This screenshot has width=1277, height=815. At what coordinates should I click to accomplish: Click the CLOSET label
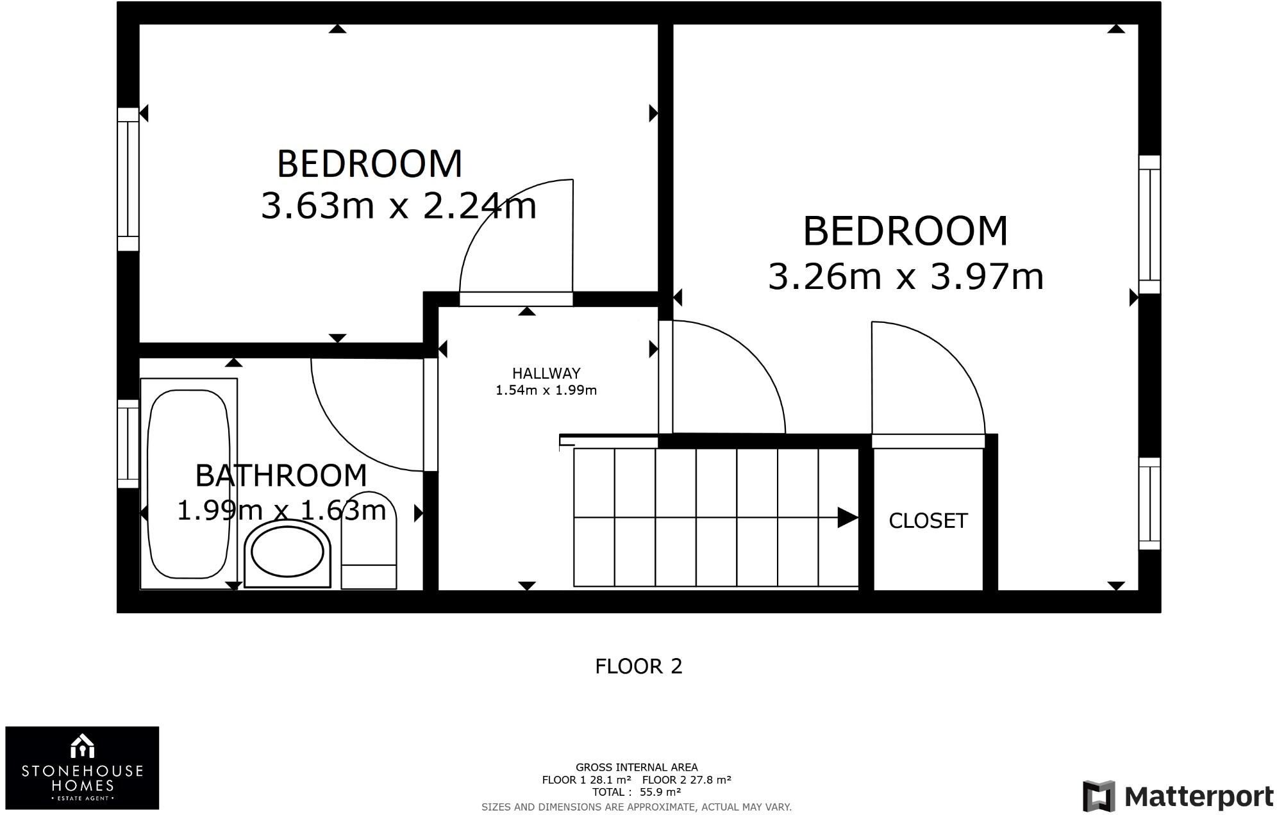[x=928, y=521]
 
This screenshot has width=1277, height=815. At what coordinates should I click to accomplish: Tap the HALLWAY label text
[x=546, y=374]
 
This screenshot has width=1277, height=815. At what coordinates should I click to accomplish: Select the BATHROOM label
[x=281, y=475]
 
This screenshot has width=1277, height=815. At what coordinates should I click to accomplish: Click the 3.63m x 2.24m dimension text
[x=398, y=206]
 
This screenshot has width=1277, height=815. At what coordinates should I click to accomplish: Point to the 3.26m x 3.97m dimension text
[x=905, y=277]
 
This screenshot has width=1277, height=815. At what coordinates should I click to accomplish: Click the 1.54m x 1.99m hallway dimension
[x=546, y=390]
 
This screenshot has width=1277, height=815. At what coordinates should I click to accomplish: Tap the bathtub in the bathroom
[x=188, y=484]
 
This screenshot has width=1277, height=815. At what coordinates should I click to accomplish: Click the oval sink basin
[x=287, y=552]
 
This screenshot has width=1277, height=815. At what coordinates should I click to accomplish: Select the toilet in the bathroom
[x=369, y=541]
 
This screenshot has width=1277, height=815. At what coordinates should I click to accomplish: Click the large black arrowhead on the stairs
[x=847, y=517]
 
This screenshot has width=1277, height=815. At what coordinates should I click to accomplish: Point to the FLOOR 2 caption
[x=638, y=666]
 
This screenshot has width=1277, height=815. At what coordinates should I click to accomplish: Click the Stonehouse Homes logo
[x=82, y=768]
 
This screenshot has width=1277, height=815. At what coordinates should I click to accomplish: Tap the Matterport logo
[x=1178, y=796]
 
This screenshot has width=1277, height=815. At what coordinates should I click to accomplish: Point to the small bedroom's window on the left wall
[x=128, y=179]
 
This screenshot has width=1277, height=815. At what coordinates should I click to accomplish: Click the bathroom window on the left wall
[x=128, y=443]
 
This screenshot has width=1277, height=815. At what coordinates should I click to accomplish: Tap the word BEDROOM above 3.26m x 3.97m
[x=905, y=231]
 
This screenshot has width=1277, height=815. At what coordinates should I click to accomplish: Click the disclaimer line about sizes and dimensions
[x=636, y=807]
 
